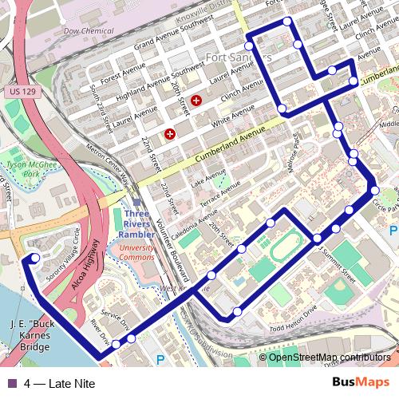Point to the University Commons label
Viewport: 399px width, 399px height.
point(136,253)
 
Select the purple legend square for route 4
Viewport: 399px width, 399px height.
point(12,383)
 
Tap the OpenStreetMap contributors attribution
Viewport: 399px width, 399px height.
point(329,358)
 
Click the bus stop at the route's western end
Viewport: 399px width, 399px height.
point(35,258)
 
